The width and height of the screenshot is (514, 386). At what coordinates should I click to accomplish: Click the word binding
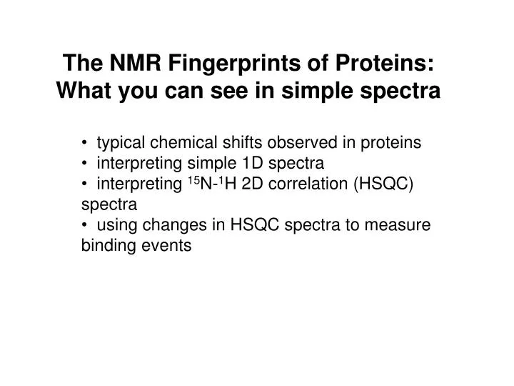[x=105, y=247]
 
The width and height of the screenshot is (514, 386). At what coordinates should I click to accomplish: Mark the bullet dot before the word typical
[x=86, y=143]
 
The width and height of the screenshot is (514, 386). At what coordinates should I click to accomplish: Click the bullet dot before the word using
[x=86, y=226]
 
